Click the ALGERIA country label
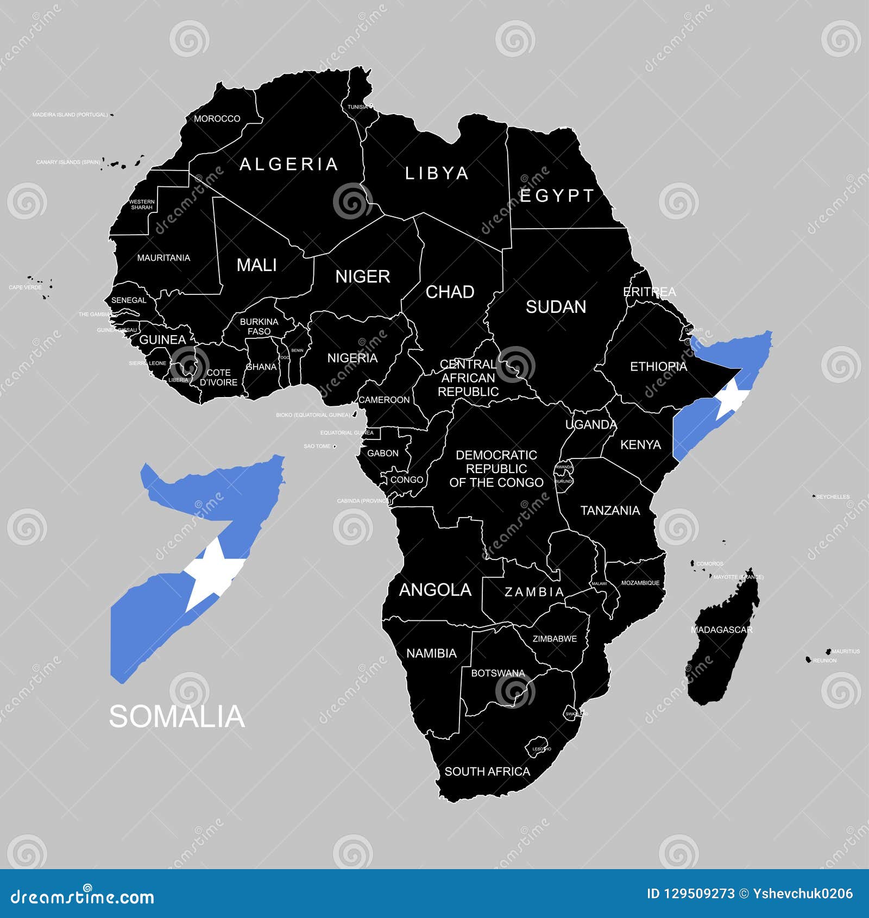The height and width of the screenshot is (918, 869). click(x=289, y=164)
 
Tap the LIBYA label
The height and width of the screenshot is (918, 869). click(x=437, y=173)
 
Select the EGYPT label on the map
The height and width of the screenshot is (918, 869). click(x=557, y=196)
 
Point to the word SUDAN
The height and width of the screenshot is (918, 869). click(x=556, y=307)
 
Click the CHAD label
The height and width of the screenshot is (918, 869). click(x=450, y=292)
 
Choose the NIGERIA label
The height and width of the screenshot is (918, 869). click(x=352, y=358)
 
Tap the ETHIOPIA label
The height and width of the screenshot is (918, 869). click(x=658, y=367)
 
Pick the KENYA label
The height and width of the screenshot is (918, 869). click(x=640, y=445)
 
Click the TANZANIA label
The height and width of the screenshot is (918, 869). click(x=610, y=511)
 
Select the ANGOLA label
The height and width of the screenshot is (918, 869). click(x=435, y=590)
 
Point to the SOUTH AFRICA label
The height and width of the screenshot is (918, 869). click(x=487, y=771)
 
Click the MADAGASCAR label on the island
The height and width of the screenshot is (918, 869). click(x=721, y=630)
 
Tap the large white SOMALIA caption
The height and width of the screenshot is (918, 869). click(x=177, y=716)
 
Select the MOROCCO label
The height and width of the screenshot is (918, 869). click(x=217, y=118)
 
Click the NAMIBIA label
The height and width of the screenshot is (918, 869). click(x=431, y=653)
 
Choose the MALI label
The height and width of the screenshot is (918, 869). click(x=256, y=265)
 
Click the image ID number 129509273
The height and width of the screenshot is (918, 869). click(x=698, y=894)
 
